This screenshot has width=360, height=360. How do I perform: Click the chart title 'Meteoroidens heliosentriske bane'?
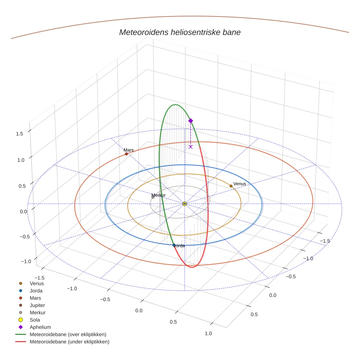coord(180,32)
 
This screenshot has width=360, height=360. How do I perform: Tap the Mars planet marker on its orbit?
coord(126,154)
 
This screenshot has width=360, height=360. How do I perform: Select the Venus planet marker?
coord(231,186)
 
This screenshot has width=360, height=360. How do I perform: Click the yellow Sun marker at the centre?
coord(184,203)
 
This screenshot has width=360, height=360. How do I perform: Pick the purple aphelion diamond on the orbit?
coord(190,121)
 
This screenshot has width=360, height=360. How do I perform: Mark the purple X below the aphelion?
coord(190,147)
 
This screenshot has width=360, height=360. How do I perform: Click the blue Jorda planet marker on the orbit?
coord(174,245)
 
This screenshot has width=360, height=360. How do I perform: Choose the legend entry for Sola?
coord(35,320)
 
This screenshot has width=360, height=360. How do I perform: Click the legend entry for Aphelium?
coord(40,327)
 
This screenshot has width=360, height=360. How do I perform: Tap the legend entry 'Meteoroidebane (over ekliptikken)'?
coord(68,334)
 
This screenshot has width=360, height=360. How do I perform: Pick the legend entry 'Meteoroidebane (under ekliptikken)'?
coord(69,342)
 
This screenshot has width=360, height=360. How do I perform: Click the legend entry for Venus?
coord(37,283)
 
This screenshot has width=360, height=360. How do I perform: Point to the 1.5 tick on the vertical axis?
coord(19,134)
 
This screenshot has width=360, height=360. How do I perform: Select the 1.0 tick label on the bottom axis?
coord(208,333)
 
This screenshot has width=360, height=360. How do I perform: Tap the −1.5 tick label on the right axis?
coord(324,241)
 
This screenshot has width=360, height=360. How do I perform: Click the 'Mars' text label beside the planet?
coord(128,150)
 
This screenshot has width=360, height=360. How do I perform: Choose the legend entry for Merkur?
coord(37,312)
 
